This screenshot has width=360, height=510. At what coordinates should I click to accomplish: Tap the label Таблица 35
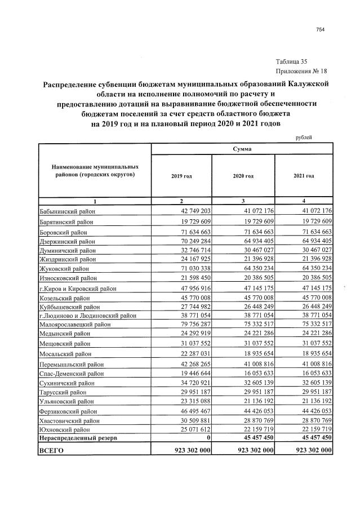coord(292,61)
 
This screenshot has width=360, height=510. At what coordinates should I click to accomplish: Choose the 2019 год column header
coord(181,176)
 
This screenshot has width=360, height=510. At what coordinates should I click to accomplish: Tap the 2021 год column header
coord(304,176)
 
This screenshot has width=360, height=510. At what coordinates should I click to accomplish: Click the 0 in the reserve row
coord(208,437)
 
